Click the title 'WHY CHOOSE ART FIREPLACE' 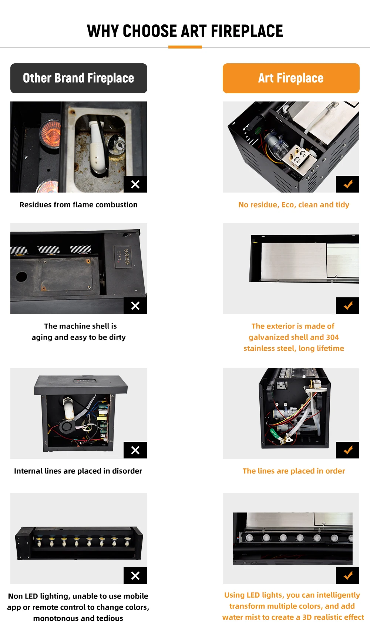(185, 31)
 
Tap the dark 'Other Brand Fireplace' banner (79, 78)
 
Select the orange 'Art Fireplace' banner (291, 78)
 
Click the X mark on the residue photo (135, 184)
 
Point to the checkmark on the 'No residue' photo (348, 184)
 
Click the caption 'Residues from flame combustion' (78, 205)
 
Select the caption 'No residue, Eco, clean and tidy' (294, 205)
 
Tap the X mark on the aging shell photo (135, 306)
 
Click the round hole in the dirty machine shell (21, 277)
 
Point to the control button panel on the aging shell (122, 256)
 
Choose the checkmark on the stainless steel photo (348, 306)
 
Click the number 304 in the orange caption (332, 337)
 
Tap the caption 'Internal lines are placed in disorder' (78, 471)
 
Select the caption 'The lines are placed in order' (294, 471)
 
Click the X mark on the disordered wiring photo (135, 450)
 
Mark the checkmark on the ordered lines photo (348, 450)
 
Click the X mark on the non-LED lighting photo (135, 575)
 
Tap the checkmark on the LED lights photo (348, 575)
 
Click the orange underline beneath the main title (185, 47)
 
